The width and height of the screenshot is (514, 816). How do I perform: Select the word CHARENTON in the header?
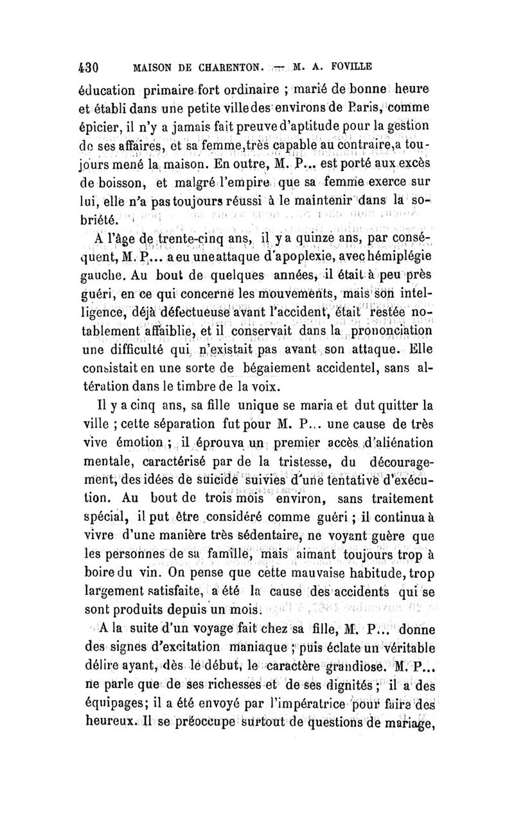click(x=215, y=66)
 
